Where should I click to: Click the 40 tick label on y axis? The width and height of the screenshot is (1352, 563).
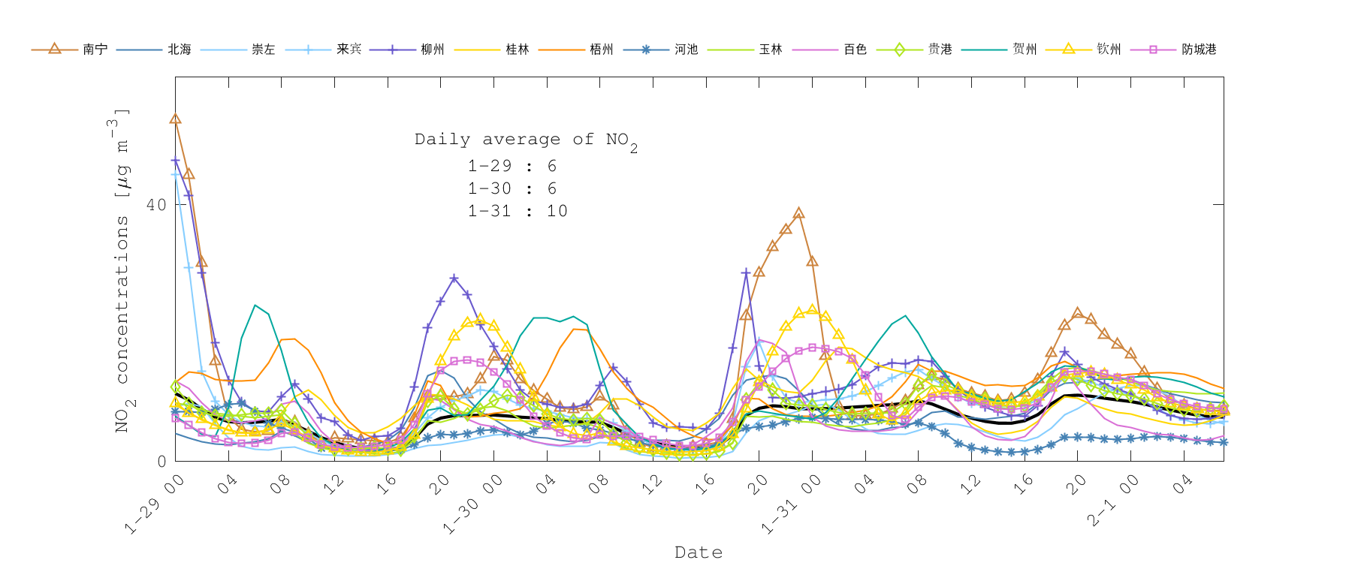click(x=155, y=205)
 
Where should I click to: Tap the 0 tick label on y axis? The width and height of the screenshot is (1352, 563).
click(x=161, y=461)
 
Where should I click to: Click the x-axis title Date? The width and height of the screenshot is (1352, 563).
click(x=699, y=552)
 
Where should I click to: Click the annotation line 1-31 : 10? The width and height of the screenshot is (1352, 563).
click(x=518, y=211)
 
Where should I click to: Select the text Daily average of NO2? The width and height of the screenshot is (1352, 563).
click(x=526, y=140)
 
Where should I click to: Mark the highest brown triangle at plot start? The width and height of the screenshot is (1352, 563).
click(x=175, y=119)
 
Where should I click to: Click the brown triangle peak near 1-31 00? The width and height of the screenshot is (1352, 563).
click(x=798, y=213)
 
